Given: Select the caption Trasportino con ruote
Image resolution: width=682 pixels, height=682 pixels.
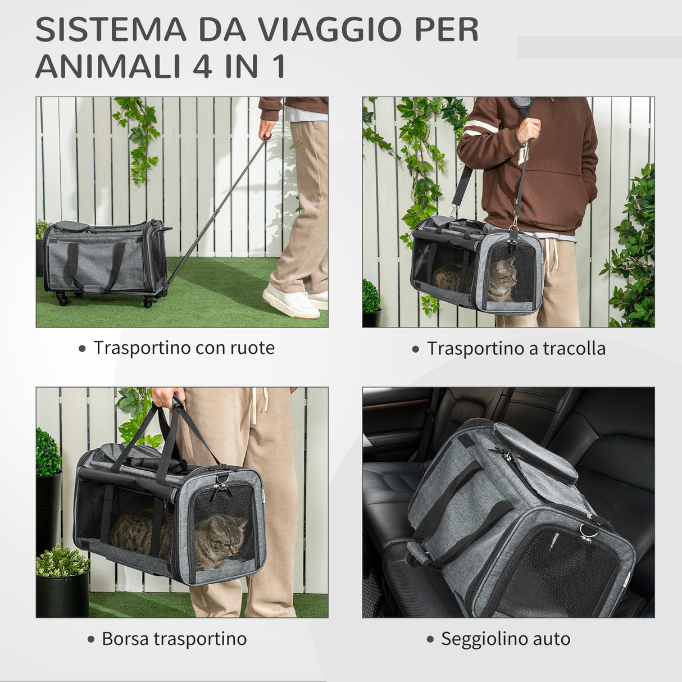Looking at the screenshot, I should (184, 348).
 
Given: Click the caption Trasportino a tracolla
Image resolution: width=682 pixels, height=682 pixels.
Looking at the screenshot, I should (516, 349).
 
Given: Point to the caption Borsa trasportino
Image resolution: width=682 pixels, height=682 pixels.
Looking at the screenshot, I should (174, 639).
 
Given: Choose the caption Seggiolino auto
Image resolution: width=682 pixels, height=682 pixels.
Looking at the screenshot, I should (505, 639).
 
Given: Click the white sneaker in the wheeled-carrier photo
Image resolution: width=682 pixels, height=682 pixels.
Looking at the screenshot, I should (290, 302).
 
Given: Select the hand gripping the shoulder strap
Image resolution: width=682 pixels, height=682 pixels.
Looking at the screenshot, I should (528, 131).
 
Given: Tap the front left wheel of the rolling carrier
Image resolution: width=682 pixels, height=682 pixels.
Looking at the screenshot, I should (62, 299).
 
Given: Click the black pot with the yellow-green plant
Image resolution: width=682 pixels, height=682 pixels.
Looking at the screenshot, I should (62, 593).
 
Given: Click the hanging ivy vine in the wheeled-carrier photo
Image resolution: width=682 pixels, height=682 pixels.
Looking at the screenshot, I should (138, 138).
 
